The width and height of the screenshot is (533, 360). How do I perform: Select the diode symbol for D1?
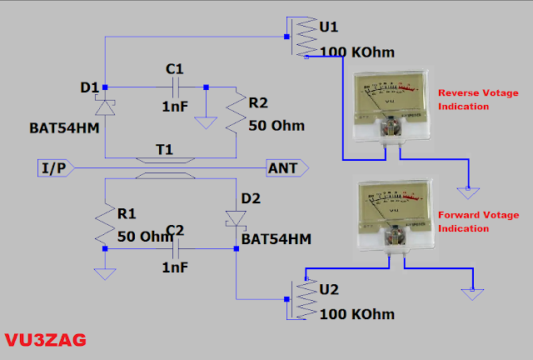[x=105, y=107]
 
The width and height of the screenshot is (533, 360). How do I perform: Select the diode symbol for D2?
[x=237, y=218]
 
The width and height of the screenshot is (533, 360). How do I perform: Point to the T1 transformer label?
[x=164, y=149]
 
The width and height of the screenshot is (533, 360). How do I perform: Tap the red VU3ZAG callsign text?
[x=44, y=341]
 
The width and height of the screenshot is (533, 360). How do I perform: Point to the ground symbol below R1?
[x=105, y=272]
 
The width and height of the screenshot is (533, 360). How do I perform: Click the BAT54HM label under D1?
[x=57, y=129]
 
